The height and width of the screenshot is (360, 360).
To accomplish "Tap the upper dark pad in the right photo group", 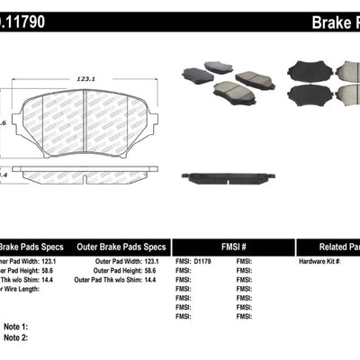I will tap(305, 70).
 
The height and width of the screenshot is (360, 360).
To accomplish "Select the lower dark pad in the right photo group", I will tap(307, 95).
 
